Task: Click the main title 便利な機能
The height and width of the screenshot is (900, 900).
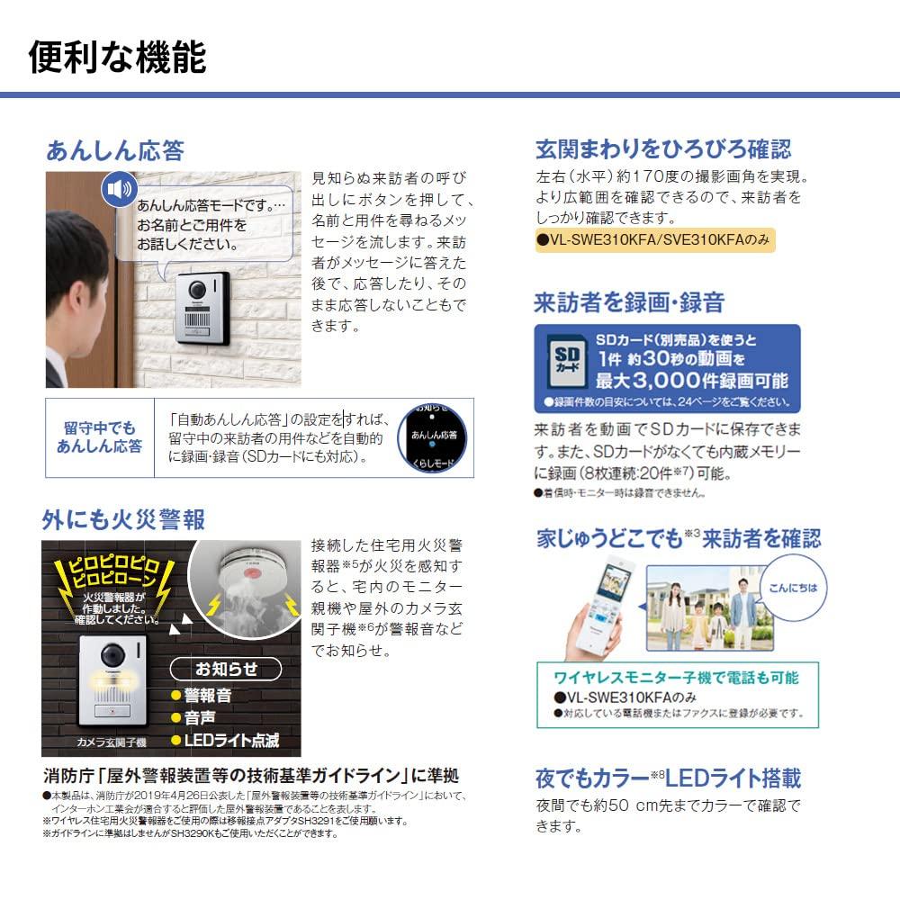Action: click(118, 58)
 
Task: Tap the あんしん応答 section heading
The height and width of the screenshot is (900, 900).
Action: click(114, 149)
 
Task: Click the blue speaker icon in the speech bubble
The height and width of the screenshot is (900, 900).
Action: click(118, 190)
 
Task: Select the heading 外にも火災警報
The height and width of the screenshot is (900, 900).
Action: click(123, 519)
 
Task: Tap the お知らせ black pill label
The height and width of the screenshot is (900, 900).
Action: click(226, 669)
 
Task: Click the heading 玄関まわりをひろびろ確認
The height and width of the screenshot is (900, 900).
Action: click(663, 148)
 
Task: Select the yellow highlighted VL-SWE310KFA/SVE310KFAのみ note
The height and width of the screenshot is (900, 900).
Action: click(654, 241)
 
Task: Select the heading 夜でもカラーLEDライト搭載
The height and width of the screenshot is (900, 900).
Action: click(668, 778)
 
